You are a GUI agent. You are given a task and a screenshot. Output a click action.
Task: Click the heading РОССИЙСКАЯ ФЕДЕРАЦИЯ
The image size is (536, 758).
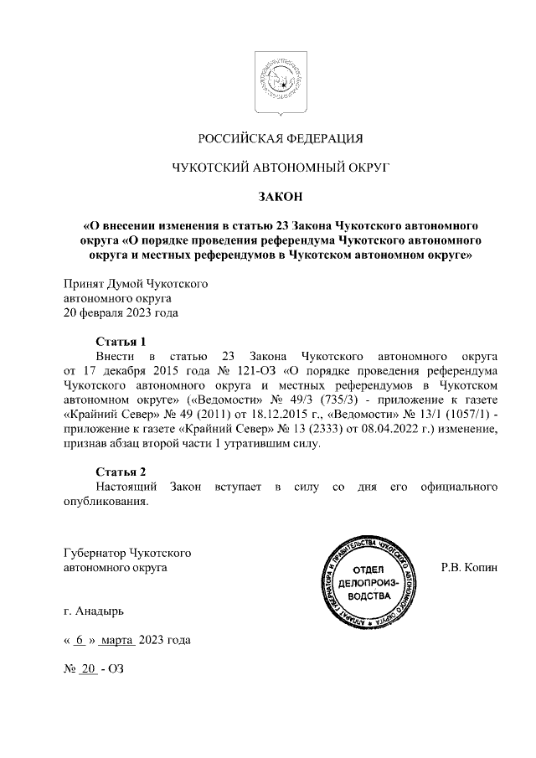[281, 138]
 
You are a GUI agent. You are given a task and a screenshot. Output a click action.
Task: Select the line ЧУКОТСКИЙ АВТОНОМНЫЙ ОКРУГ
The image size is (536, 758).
[281, 168]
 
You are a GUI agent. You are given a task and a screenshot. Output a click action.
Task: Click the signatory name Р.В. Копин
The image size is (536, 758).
[469, 567]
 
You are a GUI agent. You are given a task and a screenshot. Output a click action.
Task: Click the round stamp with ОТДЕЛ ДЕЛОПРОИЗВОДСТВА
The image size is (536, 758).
[368, 582]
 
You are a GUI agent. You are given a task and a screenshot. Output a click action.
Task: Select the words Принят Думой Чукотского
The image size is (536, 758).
[136, 284]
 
